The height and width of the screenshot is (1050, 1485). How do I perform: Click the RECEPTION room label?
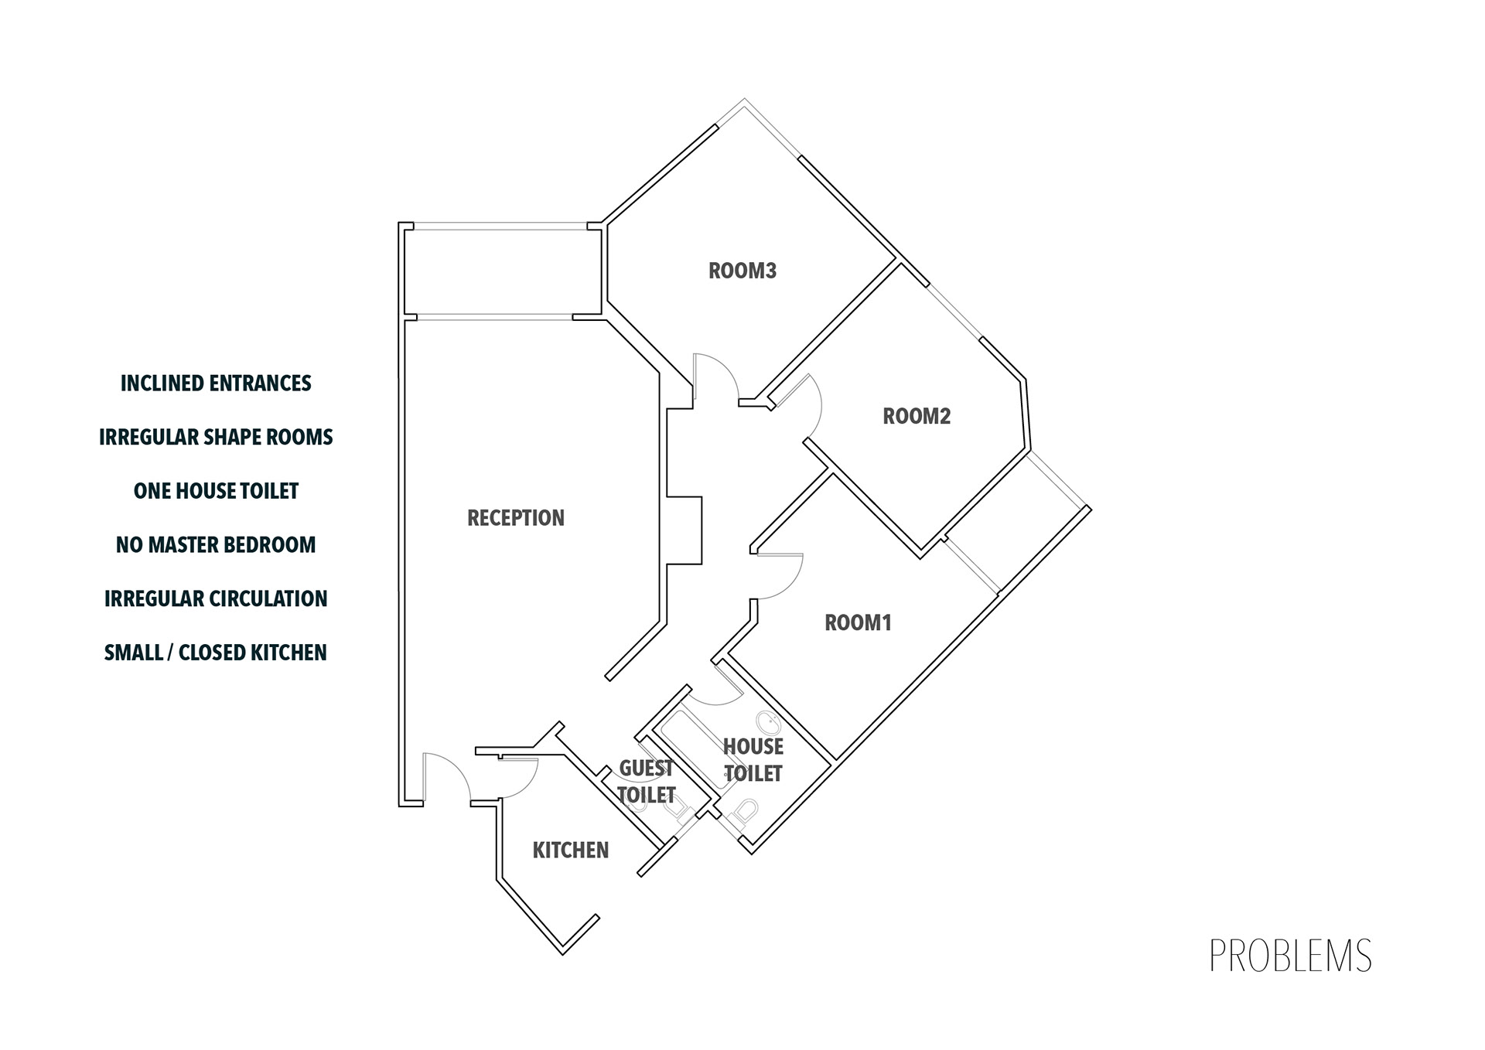click(516, 518)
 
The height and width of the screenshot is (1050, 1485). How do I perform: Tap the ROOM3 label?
click(742, 271)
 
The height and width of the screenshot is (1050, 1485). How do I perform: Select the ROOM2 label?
click(917, 416)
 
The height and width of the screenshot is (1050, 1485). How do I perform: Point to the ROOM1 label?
click(858, 622)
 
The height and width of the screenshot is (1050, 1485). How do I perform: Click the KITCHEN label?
click(571, 851)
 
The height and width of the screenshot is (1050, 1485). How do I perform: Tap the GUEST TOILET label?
click(647, 781)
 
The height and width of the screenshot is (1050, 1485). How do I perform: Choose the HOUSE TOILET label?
click(753, 759)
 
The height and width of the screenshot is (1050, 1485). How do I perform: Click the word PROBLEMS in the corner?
click(1290, 956)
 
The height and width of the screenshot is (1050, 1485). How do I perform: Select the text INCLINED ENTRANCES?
click(216, 384)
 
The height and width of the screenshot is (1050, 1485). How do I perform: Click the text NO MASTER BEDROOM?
click(216, 545)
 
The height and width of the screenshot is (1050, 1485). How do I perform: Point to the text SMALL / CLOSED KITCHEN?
click(216, 653)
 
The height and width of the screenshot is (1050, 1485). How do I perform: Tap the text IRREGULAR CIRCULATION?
click(216, 598)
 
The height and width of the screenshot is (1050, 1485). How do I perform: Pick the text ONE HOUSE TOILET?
click(216, 491)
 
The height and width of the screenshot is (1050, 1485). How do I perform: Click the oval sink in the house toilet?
click(770, 724)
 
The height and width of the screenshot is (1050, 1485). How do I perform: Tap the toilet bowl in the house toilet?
click(745, 812)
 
